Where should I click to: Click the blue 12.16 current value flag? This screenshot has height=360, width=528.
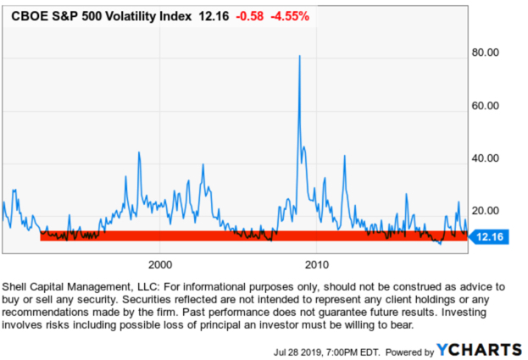(x=491, y=237)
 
